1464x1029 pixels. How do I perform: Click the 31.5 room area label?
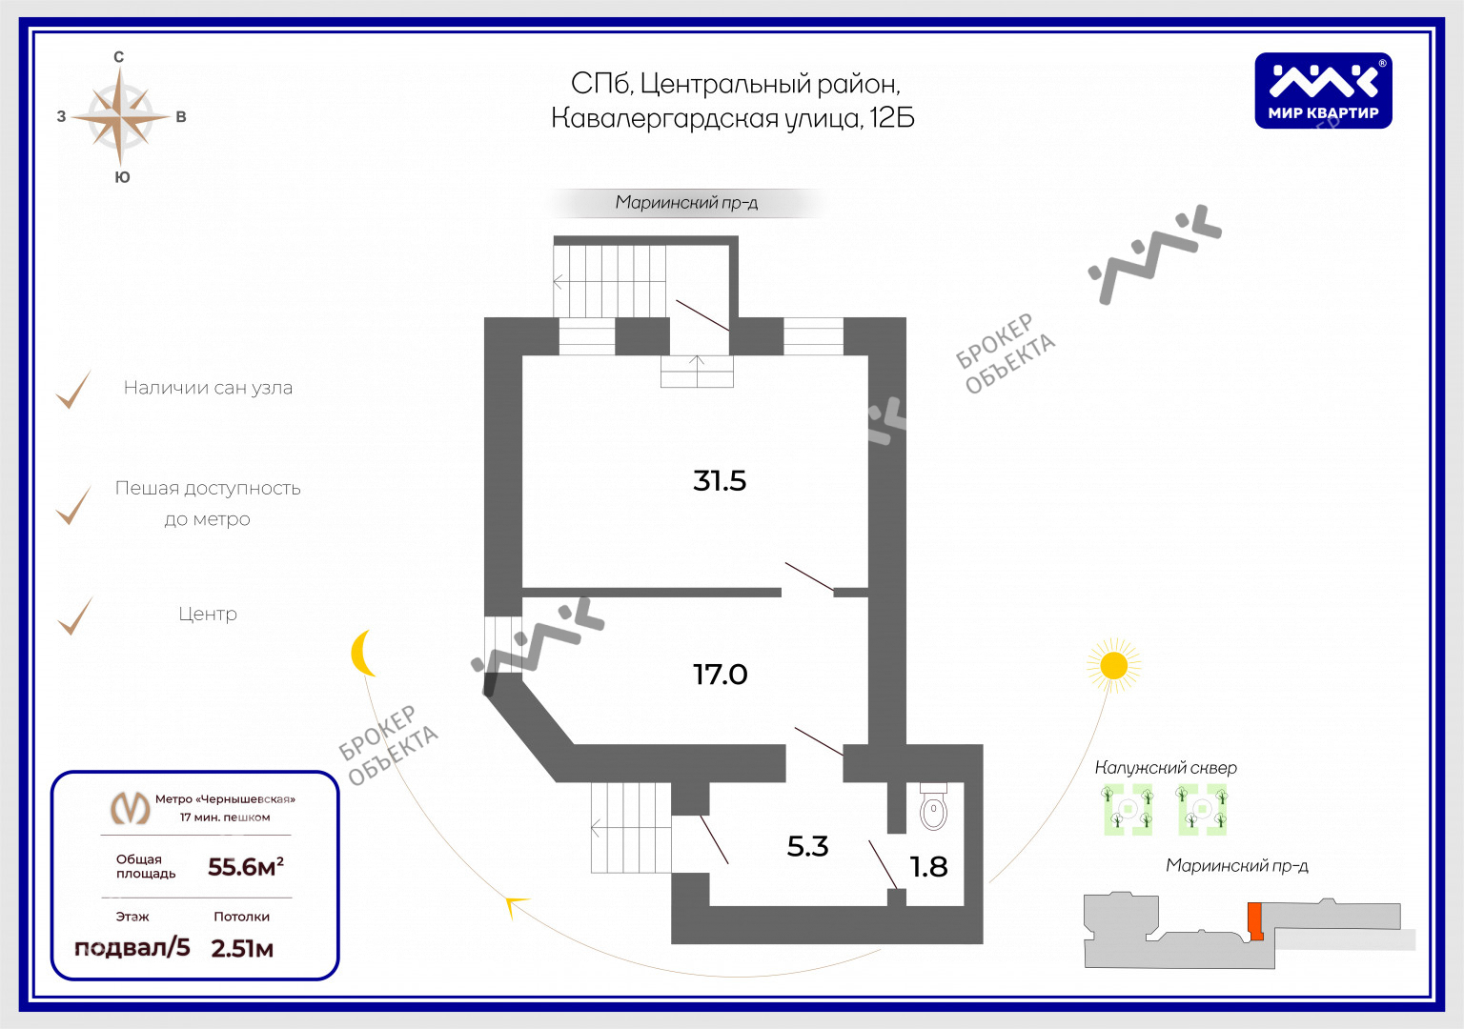coord(719,481)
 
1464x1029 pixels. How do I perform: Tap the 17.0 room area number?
coord(720,675)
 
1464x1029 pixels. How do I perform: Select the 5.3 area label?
coord(807,846)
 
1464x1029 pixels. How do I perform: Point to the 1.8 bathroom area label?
coord(928,867)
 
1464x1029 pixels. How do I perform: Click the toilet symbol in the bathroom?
coord(933,807)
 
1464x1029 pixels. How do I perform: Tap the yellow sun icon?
coord(1113,666)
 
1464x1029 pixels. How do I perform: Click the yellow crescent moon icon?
coord(363,653)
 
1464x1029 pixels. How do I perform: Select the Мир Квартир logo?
coord(1323,91)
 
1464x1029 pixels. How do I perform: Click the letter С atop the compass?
coord(119,57)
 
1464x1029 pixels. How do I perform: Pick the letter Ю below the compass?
coord(122,177)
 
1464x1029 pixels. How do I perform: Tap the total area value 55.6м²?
coord(246,867)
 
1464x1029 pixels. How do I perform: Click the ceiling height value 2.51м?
coord(242,949)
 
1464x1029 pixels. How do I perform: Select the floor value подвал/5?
coord(132,947)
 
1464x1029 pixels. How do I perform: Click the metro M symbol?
coord(130,808)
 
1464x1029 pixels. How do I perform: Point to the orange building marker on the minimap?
coord(1255,922)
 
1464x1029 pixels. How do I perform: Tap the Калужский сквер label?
coord(1166,768)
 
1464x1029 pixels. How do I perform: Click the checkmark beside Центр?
coord(74,616)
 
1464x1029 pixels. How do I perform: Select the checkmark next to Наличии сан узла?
coord(73,390)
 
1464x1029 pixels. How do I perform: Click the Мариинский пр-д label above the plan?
coord(686,203)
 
